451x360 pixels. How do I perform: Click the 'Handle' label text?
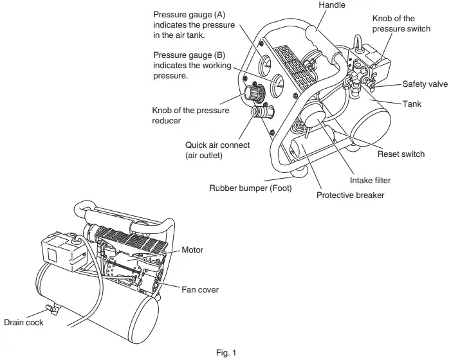click(332, 5)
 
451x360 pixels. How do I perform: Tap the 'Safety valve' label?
click(425, 84)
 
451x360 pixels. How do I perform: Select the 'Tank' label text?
click(412, 103)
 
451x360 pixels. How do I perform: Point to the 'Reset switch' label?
click(401, 154)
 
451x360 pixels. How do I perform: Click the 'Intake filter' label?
click(370, 181)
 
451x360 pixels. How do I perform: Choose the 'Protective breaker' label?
click(350, 195)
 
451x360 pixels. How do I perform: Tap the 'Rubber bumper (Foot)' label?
click(250, 188)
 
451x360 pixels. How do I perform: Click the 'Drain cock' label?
click(24, 322)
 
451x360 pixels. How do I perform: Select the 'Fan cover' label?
click(200, 290)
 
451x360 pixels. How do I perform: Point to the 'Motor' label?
click(193, 249)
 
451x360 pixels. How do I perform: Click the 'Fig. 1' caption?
click(226, 352)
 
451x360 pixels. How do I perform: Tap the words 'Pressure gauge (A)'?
click(189, 14)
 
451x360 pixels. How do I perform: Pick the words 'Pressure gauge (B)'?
click(189, 55)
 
